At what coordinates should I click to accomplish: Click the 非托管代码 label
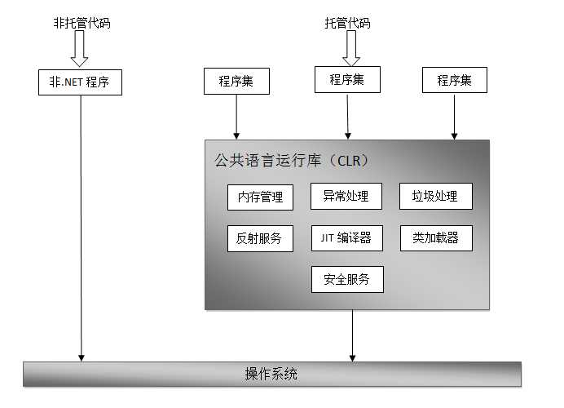click(x=81, y=24)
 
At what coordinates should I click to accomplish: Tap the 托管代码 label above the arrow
click(x=347, y=24)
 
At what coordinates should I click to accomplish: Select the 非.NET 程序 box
click(x=80, y=82)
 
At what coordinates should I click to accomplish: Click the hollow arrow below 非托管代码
click(x=80, y=51)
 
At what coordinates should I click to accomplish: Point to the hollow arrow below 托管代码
click(x=350, y=51)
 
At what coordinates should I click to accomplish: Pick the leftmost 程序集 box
click(x=236, y=81)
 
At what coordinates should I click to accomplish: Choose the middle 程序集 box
click(x=347, y=79)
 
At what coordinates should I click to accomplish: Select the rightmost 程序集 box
click(x=454, y=80)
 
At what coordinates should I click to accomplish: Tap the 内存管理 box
click(x=260, y=197)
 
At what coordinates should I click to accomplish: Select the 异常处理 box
click(x=346, y=196)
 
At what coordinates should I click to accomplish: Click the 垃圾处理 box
click(x=435, y=196)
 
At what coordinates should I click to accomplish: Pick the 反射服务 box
click(x=260, y=238)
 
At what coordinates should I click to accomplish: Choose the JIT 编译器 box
click(x=346, y=237)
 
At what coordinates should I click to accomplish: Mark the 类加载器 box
click(x=435, y=237)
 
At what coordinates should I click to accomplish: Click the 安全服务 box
click(x=346, y=279)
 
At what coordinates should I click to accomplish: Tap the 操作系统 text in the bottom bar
click(x=271, y=375)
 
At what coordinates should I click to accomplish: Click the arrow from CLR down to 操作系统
click(x=353, y=335)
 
